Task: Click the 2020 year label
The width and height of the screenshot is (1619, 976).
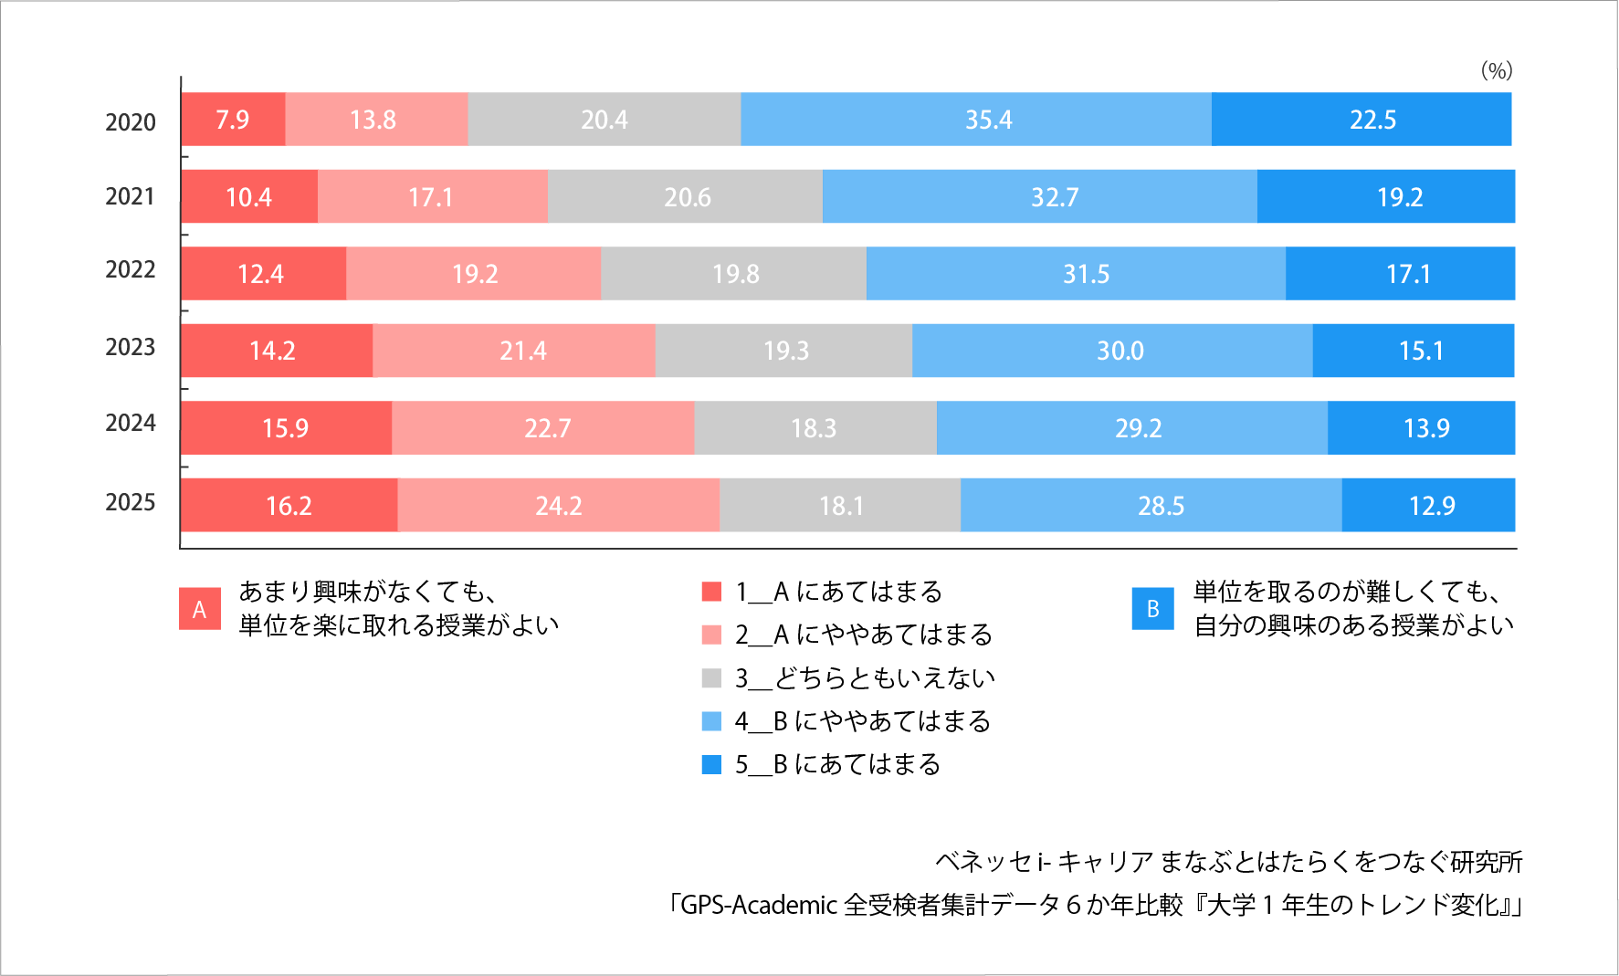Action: [x=131, y=122]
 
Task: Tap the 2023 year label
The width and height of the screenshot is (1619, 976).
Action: [x=131, y=348]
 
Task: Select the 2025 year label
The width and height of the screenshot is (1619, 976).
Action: [x=131, y=503]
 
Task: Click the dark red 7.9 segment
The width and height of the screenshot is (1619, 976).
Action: [x=233, y=120]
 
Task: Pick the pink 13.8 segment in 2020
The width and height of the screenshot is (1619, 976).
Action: [x=375, y=120]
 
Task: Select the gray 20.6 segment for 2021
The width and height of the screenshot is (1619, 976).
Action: [x=685, y=196]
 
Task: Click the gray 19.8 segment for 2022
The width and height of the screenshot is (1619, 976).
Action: [x=734, y=274]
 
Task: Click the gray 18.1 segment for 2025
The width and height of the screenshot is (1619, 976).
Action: [x=840, y=505]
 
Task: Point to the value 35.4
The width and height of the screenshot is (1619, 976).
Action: [x=988, y=120]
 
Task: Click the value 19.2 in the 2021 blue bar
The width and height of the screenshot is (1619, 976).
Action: [x=1399, y=197]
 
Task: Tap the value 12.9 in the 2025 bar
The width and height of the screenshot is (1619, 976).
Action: [x=1431, y=506]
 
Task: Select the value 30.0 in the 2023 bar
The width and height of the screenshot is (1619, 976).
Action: [x=1120, y=351]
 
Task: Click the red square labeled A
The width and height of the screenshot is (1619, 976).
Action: [x=200, y=609]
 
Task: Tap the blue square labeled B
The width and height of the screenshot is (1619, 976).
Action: [x=1152, y=609]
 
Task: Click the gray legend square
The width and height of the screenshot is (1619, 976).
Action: [x=711, y=678]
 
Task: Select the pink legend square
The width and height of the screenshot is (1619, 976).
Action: [x=711, y=635]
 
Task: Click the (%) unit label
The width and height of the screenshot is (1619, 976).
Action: [x=1497, y=70]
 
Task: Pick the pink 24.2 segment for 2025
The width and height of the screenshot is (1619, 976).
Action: [x=558, y=505]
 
